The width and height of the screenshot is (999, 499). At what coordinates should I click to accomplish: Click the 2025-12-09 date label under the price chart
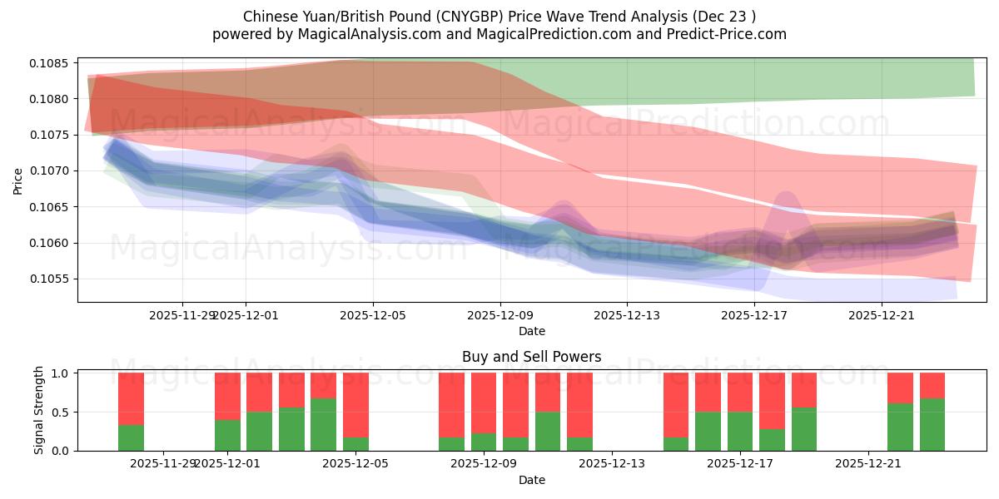pyautogui.click(x=500, y=315)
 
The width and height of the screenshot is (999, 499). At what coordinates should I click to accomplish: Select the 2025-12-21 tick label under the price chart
pyautogui.click(x=882, y=315)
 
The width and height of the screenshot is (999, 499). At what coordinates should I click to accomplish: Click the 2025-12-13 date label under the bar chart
pyautogui.click(x=611, y=464)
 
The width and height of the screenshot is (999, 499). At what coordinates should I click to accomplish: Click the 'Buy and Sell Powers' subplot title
pyautogui.click(x=531, y=358)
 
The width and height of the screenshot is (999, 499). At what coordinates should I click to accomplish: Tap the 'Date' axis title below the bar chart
pyautogui.click(x=531, y=480)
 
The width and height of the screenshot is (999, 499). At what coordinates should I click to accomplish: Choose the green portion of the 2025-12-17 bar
pyautogui.click(x=740, y=431)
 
